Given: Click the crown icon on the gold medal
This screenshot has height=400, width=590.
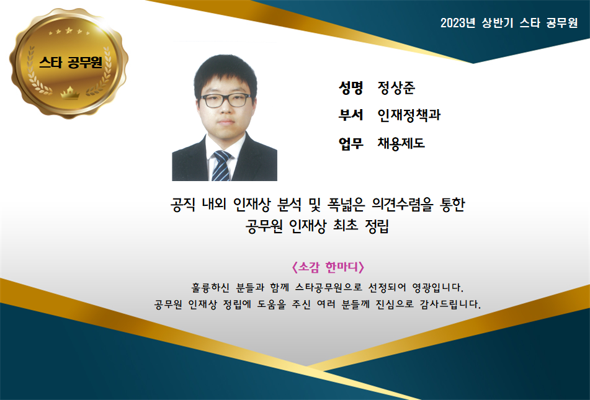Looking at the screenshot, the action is (70, 92).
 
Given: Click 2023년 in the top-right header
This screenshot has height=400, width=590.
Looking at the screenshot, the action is (458, 23).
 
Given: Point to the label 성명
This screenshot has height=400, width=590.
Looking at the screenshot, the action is (351, 87).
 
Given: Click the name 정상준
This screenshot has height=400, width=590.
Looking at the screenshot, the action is (396, 87).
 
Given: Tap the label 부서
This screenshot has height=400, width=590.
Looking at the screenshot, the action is (351, 115).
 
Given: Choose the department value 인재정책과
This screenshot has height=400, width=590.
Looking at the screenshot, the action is (409, 115).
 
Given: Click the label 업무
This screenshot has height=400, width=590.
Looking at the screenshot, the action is (351, 143).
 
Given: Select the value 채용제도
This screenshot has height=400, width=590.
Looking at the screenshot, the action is (401, 143).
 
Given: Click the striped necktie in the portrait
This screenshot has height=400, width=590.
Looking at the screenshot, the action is (221, 166).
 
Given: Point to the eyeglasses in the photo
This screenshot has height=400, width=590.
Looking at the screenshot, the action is (226, 100).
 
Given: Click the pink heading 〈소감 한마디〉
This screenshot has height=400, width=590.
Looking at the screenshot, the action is (328, 267).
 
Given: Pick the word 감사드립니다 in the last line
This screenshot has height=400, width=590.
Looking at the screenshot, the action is (450, 304).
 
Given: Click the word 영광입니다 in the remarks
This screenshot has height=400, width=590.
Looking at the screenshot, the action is (437, 288).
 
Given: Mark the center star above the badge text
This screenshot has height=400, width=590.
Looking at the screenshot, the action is (68, 30).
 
